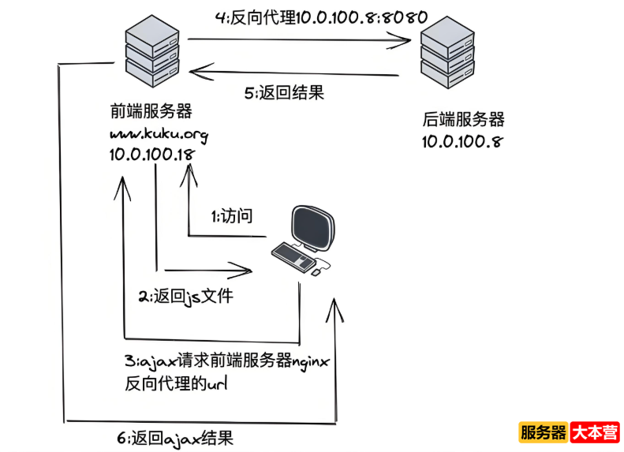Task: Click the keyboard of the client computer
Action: [293, 255]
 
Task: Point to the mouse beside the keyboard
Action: [316, 272]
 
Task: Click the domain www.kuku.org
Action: [158, 133]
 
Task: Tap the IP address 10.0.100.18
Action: [151, 155]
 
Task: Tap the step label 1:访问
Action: [230, 216]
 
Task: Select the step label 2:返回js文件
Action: [186, 297]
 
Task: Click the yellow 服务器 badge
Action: [544, 432]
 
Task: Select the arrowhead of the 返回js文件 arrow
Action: [246, 271]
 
